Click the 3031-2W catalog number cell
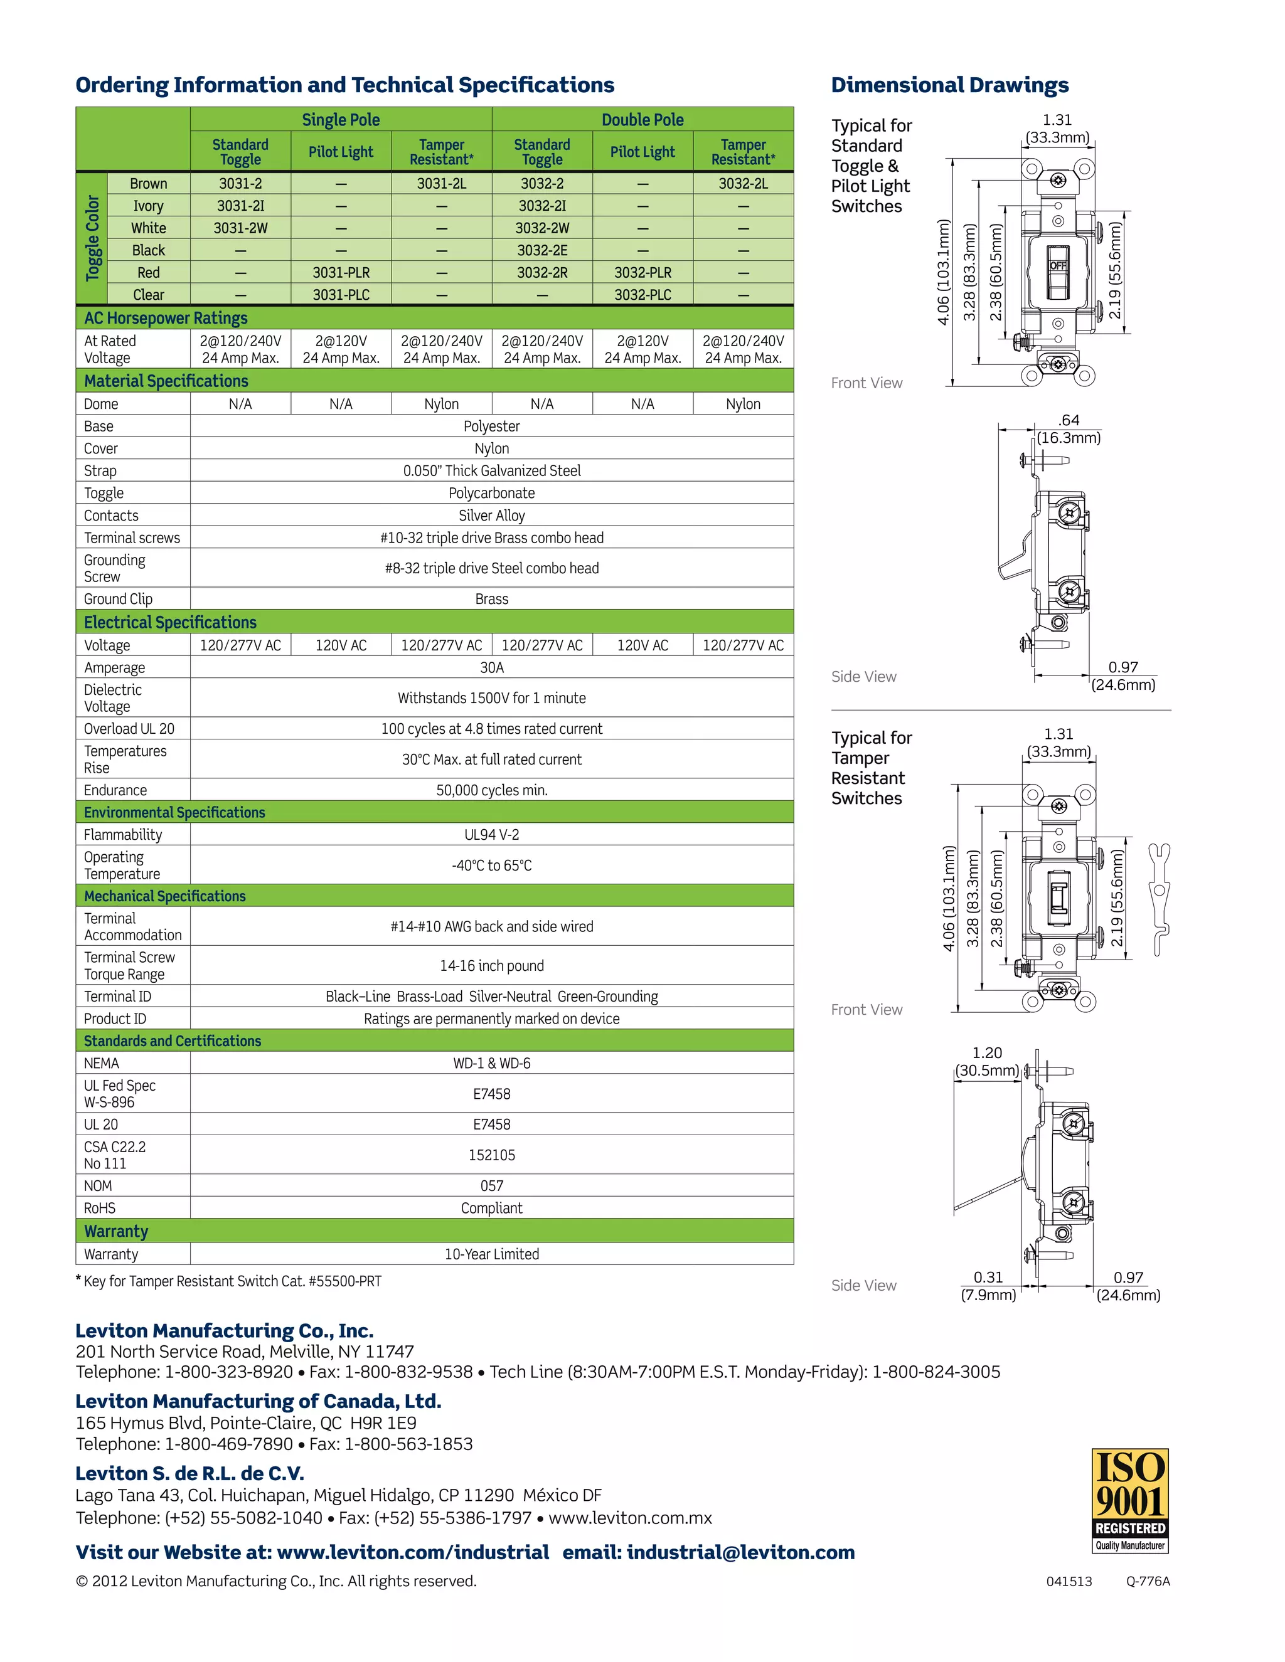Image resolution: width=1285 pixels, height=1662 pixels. point(240,228)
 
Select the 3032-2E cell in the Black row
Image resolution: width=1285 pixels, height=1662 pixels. point(542,250)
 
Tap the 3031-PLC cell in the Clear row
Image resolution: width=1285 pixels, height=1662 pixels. point(341,295)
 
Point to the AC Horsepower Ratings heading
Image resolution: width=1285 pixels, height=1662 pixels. point(166,318)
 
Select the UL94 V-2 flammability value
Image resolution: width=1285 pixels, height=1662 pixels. point(492,835)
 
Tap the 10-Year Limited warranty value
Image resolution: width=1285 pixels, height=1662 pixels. point(492,1254)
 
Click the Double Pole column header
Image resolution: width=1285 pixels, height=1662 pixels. point(642,119)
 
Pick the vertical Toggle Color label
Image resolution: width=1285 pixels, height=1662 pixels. point(93,238)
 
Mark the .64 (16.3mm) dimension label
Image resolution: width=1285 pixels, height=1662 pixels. point(1069,429)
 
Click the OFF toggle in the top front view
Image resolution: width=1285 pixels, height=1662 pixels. point(1058,267)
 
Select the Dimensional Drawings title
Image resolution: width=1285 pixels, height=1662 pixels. point(949,85)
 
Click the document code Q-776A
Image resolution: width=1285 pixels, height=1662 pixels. point(1148,1581)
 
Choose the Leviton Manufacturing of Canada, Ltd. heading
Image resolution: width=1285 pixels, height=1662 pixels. point(258,1401)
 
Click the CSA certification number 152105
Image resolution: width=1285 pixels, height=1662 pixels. point(492,1155)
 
